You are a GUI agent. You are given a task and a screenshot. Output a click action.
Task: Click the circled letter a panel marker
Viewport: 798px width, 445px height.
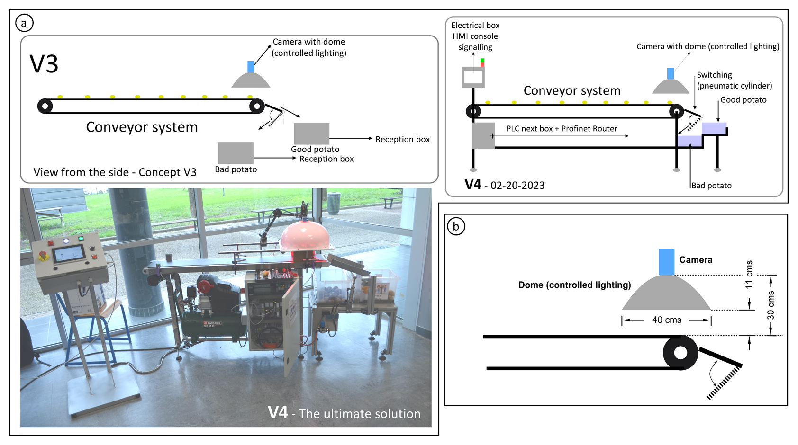[x=24, y=23]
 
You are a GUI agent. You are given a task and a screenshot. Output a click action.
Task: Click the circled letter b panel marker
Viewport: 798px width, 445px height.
[x=456, y=226]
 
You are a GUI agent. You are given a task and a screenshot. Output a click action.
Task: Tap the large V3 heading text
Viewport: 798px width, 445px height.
[x=44, y=64]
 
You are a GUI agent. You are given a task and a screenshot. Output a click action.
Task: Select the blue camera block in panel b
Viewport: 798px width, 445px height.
[x=666, y=262]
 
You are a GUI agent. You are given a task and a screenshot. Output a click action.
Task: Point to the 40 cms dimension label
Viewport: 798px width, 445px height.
[x=666, y=320]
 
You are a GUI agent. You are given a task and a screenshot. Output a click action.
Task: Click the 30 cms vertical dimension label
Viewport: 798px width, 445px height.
[x=771, y=305]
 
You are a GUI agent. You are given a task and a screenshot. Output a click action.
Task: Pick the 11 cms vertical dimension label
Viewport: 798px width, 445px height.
[x=749, y=275]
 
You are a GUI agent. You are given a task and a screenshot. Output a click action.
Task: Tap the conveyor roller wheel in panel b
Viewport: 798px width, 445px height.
[x=680, y=353]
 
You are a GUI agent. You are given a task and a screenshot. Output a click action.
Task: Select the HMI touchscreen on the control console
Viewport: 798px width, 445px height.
[x=69, y=255]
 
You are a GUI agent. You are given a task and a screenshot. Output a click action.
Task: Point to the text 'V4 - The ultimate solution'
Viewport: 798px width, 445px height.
[x=344, y=413]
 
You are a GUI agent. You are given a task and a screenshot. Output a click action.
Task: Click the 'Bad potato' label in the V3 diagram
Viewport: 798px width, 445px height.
[x=236, y=169]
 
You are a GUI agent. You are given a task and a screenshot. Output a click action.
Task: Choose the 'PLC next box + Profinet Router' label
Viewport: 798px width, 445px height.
[x=562, y=129]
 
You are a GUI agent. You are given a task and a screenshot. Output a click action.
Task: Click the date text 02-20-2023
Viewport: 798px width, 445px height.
[x=517, y=186]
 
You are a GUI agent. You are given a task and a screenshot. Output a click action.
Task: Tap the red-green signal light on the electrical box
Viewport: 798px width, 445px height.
[x=482, y=62]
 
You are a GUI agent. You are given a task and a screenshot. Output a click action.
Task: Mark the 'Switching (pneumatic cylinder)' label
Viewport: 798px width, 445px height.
[x=734, y=80]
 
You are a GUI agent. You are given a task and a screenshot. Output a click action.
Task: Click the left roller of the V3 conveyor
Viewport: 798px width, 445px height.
[x=45, y=106]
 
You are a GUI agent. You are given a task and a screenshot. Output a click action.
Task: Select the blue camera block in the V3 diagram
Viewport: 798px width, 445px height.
[x=251, y=67]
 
